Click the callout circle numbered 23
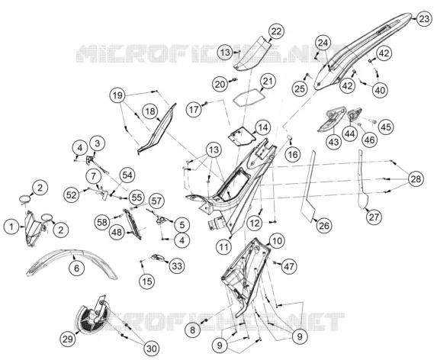(x=424, y=19)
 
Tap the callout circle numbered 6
(x=76, y=268)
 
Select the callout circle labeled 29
(x=67, y=339)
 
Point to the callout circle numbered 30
(x=151, y=348)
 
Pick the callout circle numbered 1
(x=11, y=227)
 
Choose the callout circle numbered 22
(x=276, y=31)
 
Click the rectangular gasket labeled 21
(x=249, y=97)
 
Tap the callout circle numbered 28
(x=416, y=178)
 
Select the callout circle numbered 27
(x=374, y=217)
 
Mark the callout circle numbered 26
(x=324, y=226)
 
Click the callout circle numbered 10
(x=277, y=241)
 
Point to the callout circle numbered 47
(x=289, y=266)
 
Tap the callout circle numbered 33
(x=177, y=266)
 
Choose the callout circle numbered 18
(x=150, y=111)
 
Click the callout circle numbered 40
(x=380, y=90)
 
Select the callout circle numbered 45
(x=386, y=127)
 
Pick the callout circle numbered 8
(x=193, y=330)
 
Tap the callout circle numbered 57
(x=156, y=201)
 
